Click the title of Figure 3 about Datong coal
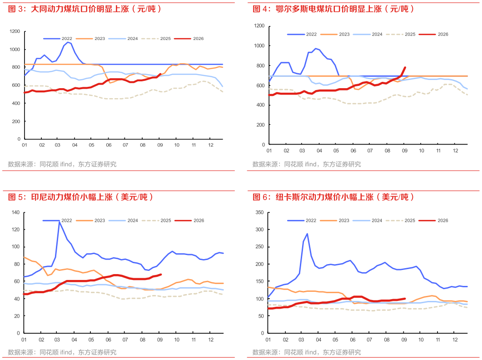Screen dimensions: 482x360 point(84,9)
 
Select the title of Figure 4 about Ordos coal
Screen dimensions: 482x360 point(333,9)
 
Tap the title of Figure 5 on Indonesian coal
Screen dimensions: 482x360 point(80,197)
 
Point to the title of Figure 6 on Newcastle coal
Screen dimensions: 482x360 point(333,197)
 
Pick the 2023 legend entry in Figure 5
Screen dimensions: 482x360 point(91,220)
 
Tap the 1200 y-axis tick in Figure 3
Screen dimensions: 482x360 point(15,31)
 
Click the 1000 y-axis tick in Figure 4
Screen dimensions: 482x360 point(259,45)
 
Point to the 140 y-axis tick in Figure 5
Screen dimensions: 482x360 point(16,212)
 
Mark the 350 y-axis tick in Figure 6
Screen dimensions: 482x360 point(260,212)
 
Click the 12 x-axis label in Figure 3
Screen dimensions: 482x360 point(211,145)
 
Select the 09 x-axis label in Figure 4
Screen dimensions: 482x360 point(404,150)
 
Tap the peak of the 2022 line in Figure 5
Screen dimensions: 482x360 point(59,221)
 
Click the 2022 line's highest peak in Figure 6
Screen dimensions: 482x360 point(307,234)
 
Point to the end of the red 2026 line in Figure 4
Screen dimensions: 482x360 point(405,67)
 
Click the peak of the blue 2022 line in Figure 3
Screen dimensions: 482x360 point(68,42)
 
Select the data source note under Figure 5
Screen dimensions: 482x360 point(62,352)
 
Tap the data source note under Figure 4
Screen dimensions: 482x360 point(307,164)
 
